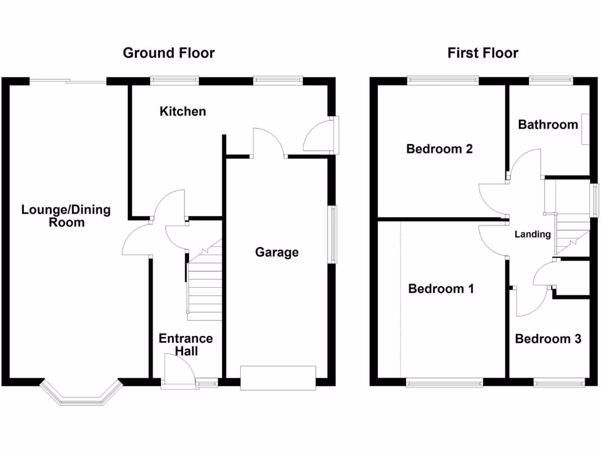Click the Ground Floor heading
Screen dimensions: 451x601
pyautogui.click(x=168, y=53)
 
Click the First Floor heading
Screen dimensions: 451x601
pyautogui.click(x=482, y=53)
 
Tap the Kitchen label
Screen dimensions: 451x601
pyautogui.click(x=183, y=111)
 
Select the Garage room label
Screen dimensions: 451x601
pyautogui.click(x=276, y=252)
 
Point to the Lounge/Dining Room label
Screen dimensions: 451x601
pyautogui.click(x=66, y=216)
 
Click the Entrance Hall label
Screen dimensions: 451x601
pyautogui.click(x=185, y=345)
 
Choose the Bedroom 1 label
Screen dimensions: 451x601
pyautogui.click(x=441, y=289)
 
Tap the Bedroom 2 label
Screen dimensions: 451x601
pyautogui.click(x=439, y=149)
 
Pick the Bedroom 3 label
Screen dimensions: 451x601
pyautogui.click(x=548, y=339)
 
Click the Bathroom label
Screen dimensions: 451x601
pyautogui.click(x=548, y=124)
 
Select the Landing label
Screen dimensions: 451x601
pyautogui.click(x=532, y=234)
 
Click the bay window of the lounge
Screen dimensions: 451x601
pyautogui.click(x=80, y=395)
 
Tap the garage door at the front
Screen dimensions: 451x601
pyautogui.click(x=278, y=377)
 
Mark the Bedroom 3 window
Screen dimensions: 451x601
pyautogui.click(x=559, y=383)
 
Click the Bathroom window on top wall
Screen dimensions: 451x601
pyautogui.click(x=551, y=79)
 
